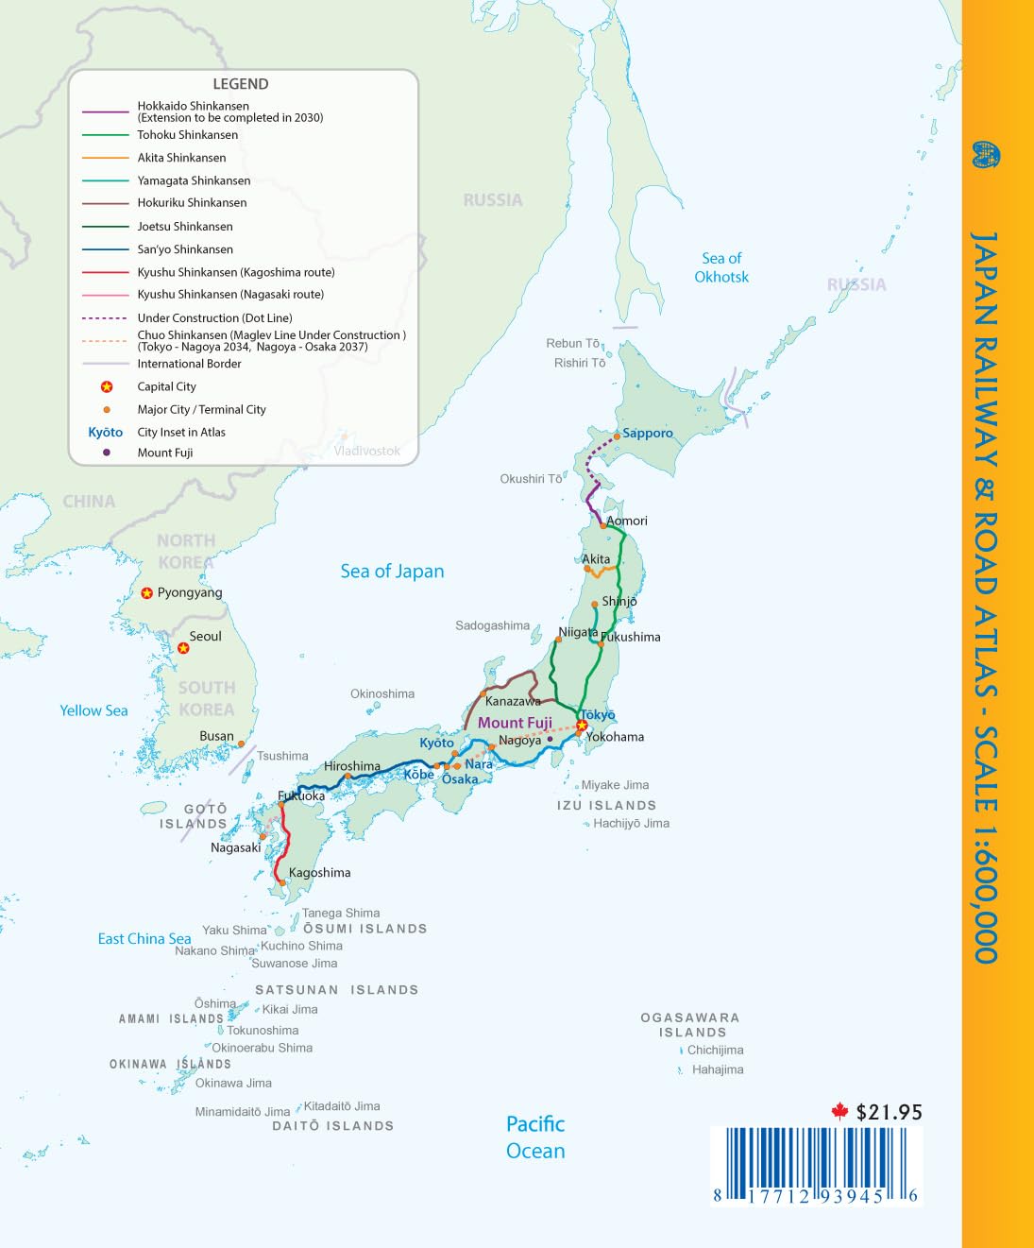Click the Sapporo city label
648,433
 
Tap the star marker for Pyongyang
147,593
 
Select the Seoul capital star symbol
183,648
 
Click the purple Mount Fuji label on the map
515,723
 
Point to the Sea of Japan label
392,571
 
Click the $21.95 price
889,1112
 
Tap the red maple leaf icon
839,1111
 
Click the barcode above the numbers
815,1156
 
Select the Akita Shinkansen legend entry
181,158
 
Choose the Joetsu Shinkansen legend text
185,226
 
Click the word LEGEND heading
241,84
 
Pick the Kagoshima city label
319,873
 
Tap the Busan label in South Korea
216,736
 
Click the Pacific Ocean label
535,1137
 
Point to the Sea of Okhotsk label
721,267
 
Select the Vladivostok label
366,451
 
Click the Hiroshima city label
352,766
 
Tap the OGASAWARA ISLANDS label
691,1025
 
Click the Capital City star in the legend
107,386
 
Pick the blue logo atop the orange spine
986,155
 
